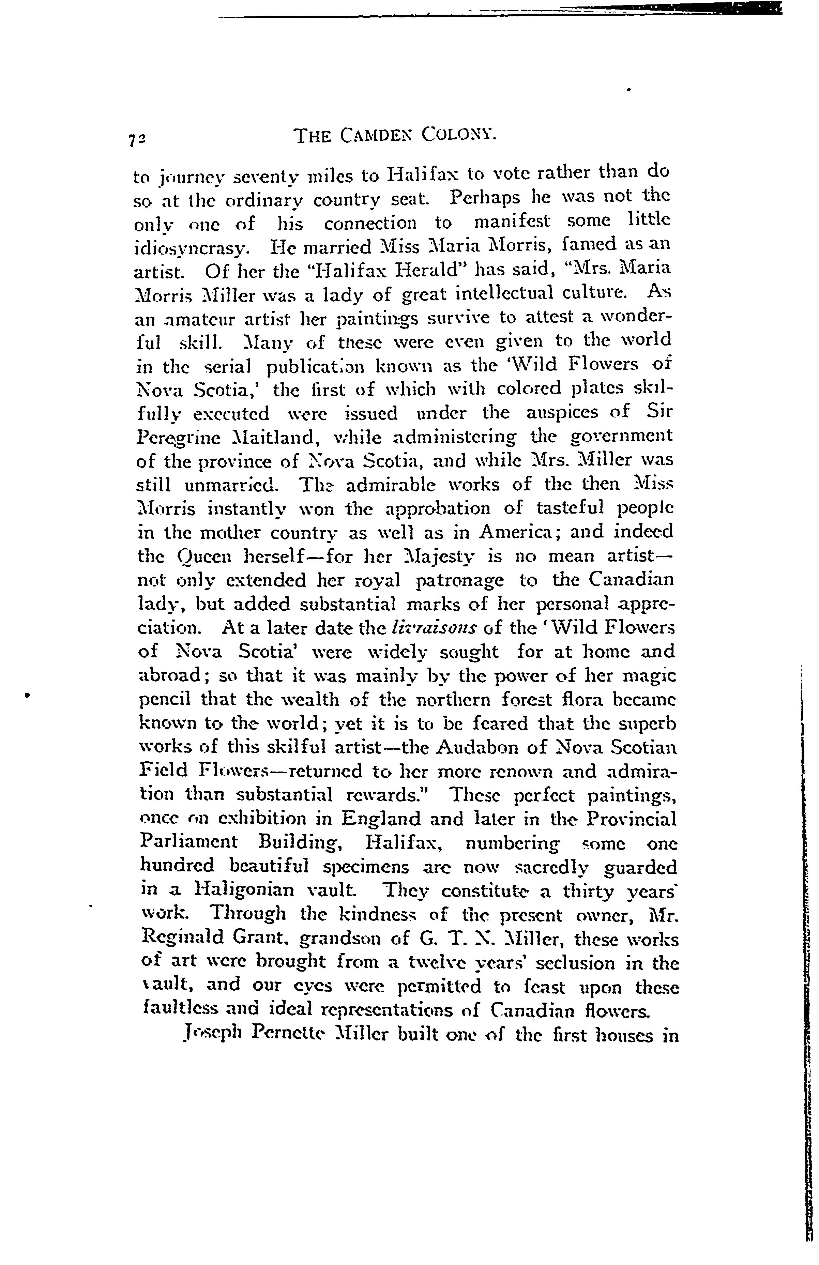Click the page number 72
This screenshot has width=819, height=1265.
click(139, 139)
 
